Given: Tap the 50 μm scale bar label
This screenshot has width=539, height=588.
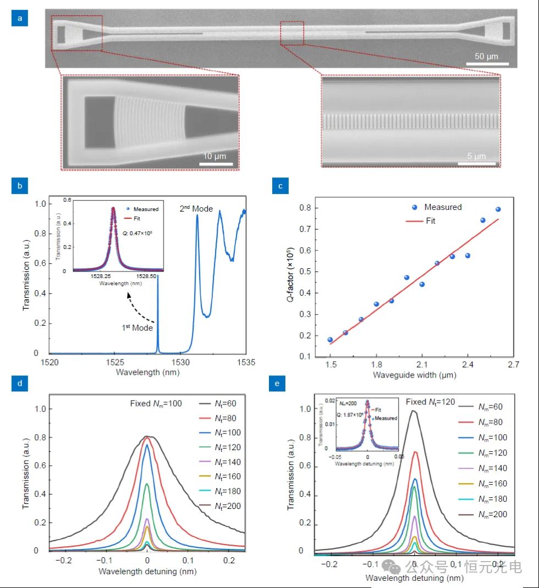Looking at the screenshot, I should pyautogui.click(x=487, y=57).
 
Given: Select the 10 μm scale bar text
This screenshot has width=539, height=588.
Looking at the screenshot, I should pyautogui.click(x=213, y=156).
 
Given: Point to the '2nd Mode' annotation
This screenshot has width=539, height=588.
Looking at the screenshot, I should pyautogui.click(x=195, y=209).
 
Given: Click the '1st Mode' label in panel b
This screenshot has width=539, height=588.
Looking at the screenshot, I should pyautogui.click(x=137, y=328).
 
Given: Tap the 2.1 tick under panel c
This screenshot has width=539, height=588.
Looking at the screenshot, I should pyautogui.click(x=421, y=364).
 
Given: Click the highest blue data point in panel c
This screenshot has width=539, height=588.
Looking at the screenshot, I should pyautogui.click(x=498, y=209).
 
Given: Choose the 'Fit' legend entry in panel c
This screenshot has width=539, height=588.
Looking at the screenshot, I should pyautogui.click(x=431, y=220).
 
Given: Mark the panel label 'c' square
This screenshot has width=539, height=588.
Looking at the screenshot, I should pyautogui.click(x=280, y=186).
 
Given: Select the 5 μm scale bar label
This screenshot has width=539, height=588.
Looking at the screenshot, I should pyautogui.click(x=476, y=157).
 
